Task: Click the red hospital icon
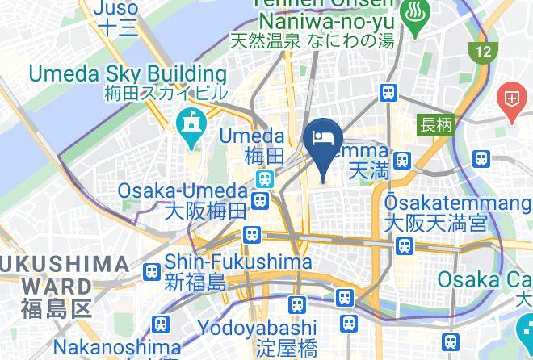coord(510,100)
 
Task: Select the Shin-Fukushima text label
coord(238,263)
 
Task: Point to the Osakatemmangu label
coord(437,202)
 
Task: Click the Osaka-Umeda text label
coord(183,192)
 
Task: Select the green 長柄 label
coord(436,125)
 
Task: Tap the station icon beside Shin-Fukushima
coord(151,273)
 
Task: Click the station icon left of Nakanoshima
coord(162,324)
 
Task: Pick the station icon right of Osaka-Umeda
coord(260,199)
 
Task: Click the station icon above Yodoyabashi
coord(297,304)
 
